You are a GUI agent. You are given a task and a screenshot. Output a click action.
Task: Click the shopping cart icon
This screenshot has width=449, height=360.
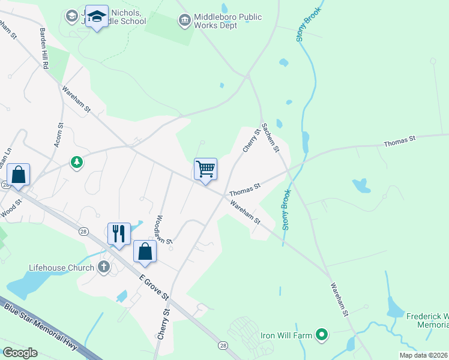(x=205, y=169)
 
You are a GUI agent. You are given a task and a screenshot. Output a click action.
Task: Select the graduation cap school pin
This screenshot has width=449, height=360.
(x=96, y=17)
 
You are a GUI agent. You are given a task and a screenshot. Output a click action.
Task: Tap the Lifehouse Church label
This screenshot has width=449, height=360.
(x=61, y=268)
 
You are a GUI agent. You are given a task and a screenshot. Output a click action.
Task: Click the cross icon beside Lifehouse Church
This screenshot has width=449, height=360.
(x=104, y=267)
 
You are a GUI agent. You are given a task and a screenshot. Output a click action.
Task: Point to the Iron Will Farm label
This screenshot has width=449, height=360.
(x=286, y=335)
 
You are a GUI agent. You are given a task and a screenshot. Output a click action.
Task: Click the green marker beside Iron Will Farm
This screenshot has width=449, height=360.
(x=322, y=334)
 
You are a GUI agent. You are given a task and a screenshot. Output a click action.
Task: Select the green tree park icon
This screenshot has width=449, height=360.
(x=76, y=162)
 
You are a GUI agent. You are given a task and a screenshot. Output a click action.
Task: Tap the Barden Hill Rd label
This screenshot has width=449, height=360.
(x=44, y=47)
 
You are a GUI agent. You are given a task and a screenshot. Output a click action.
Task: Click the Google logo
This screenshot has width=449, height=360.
(x=20, y=353)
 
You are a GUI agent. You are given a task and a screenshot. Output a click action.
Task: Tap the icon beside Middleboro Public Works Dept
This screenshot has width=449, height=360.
(x=184, y=22)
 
